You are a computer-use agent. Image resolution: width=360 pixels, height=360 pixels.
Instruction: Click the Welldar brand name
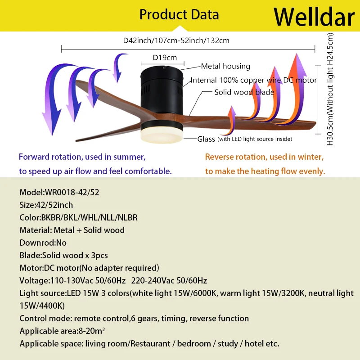click(314, 17)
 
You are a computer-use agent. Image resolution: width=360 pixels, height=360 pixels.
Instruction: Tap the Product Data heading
click(179, 14)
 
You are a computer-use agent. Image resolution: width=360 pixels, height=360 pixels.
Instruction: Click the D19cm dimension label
click(165, 57)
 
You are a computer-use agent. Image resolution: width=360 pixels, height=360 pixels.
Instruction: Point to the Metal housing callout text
click(225, 66)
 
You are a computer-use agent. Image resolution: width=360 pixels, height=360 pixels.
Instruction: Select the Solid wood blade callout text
click(244, 92)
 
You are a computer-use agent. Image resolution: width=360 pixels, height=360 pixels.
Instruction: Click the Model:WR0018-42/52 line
click(59, 192)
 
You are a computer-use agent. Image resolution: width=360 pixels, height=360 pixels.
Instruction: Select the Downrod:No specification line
click(43, 243)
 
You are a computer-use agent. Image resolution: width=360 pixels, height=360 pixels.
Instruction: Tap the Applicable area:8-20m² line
click(62, 331)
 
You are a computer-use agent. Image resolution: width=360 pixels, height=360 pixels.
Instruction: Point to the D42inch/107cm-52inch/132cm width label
click(176, 40)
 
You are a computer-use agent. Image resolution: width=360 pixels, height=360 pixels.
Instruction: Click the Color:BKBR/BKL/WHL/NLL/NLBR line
click(78, 217)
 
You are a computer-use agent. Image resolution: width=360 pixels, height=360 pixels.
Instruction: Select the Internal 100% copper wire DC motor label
click(254, 80)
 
